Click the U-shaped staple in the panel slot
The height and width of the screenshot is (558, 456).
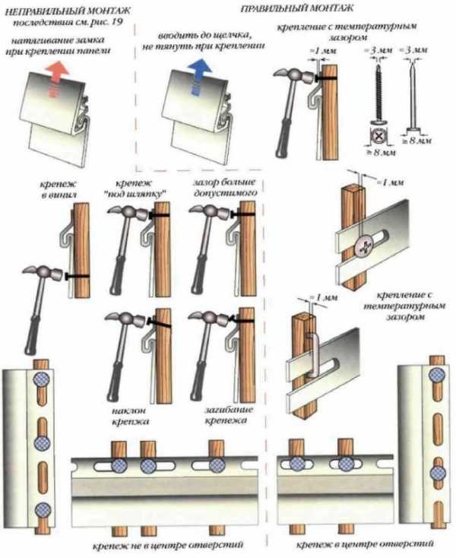[x=310, y=355]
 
